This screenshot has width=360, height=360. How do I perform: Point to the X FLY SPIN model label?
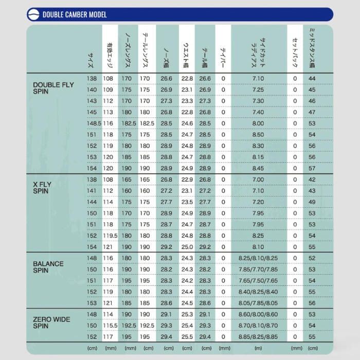[41, 187]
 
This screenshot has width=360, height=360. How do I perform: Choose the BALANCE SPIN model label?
[48, 266]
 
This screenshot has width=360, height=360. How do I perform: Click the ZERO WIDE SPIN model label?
[51, 322]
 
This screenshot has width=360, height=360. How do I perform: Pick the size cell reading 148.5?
[93, 123]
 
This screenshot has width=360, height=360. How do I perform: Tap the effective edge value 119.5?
[110, 236]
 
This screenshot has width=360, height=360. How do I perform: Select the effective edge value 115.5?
[110, 326]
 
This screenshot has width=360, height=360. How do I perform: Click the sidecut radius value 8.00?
[258, 123]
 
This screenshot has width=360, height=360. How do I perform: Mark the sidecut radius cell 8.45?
[258, 168]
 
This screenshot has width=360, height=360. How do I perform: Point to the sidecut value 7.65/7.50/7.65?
[258, 280]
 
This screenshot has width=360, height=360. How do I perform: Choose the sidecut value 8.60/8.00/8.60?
[258, 314]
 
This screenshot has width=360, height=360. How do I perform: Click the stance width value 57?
[312, 168]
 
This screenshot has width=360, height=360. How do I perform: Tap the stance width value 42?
[312, 179]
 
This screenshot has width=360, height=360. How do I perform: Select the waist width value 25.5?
[187, 337]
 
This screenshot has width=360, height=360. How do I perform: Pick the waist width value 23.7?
[187, 191]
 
